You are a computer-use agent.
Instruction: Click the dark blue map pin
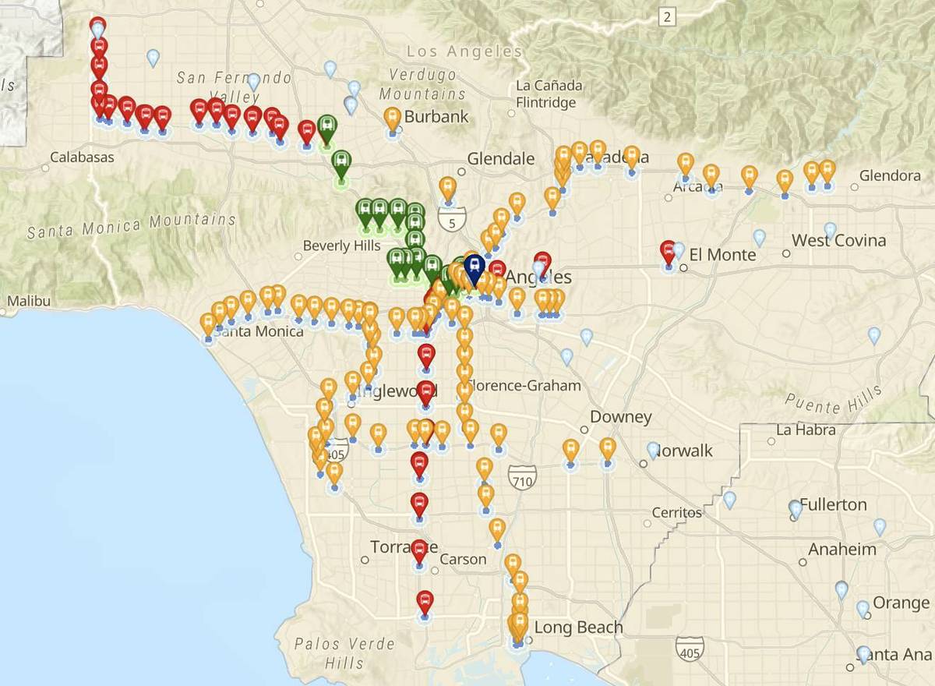tap(473, 269)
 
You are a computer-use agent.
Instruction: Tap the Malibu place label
tap(28, 301)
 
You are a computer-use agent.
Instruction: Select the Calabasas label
tap(82, 157)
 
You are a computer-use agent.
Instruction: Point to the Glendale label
tap(501, 159)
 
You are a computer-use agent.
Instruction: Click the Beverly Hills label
tap(341, 246)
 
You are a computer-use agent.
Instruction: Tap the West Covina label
tap(838, 240)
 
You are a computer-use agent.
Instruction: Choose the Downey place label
tap(620, 417)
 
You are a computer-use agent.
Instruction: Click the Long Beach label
tap(578, 628)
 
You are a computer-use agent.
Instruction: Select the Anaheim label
tap(841, 550)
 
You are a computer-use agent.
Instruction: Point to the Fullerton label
tap(833, 504)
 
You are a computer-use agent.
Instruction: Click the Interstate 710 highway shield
tap(521, 477)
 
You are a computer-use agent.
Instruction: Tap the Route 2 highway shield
tap(667, 16)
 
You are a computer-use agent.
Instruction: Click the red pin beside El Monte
tap(668, 253)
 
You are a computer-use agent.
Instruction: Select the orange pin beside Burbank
tap(393, 119)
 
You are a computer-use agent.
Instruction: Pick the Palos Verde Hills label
tap(344, 653)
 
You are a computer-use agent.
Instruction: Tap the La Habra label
tap(806, 430)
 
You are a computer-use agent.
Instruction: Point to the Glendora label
tap(890, 176)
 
